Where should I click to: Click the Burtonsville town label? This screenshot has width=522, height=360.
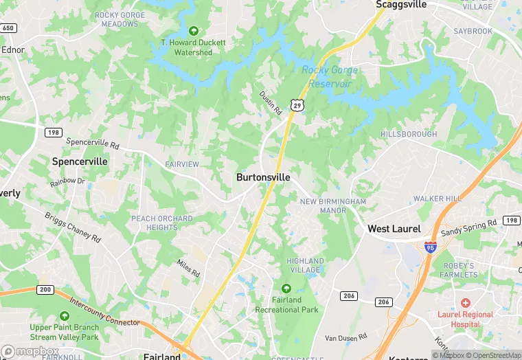click(x=263, y=177)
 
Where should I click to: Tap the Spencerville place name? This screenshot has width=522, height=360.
click(x=80, y=161)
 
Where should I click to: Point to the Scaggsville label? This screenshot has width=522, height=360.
click(x=402, y=5)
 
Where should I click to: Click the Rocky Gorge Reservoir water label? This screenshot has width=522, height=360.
click(x=326, y=76)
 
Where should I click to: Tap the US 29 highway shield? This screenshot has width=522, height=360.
click(x=296, y=104)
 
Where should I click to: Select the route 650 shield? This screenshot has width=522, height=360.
click(x=8, y=28)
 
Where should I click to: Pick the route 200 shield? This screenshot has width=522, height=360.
click(x=45, y=290)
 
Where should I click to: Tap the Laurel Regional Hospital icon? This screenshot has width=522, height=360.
click(x=465, y=302)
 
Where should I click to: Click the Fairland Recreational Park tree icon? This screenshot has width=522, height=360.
click(x=286, y=288)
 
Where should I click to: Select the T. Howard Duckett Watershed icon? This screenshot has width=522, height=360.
click(x=193, y=31)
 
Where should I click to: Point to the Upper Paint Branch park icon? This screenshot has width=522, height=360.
click(x=64, y=315)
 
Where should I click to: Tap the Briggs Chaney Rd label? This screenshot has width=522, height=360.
click(x=73, y=226)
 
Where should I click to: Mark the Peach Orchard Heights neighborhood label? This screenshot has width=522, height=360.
click(x=162, y=223)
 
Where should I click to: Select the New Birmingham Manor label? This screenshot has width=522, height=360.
click(x=333, y=205)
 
